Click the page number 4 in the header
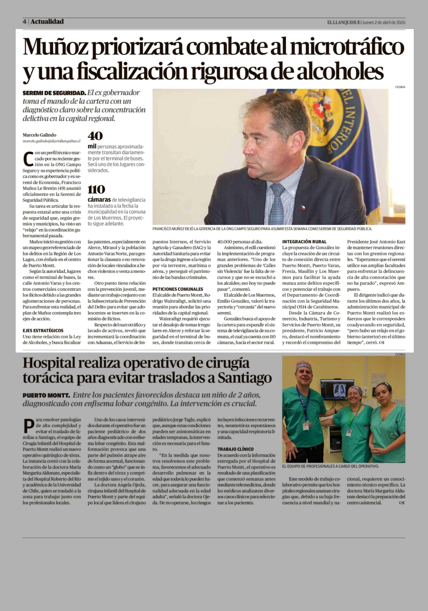tap(24, 22)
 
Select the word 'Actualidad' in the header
tap(47, 22)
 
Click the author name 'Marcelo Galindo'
tap(39, 135)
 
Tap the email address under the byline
tap(51, 141)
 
